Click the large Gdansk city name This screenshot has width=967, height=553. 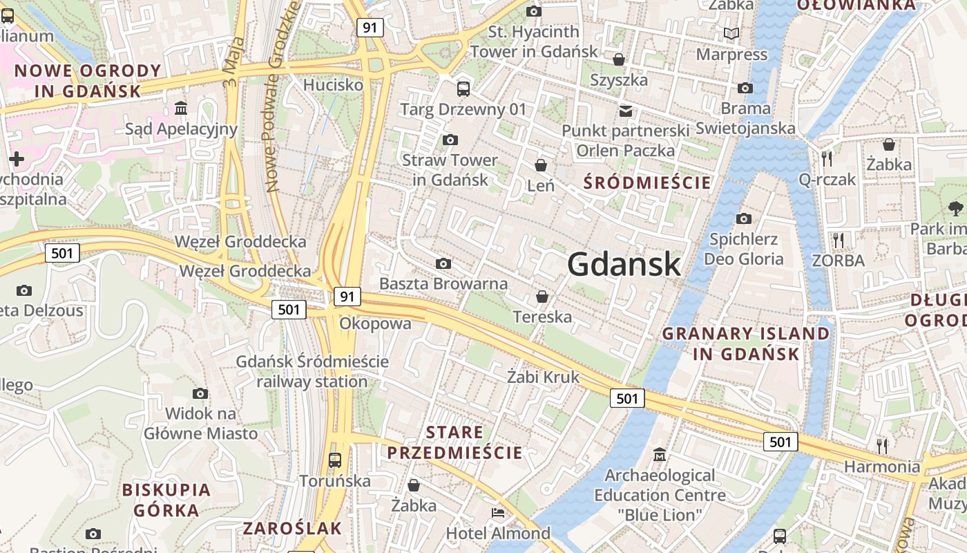(624, 264)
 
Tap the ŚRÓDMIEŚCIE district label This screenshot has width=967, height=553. (647, 182)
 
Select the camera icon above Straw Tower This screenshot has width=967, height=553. (450, 140)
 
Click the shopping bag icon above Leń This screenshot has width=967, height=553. (541, 165)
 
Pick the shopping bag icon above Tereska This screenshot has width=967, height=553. (542, 297)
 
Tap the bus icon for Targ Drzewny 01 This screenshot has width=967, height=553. (463, 88)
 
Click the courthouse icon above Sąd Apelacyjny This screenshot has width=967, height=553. (181, 109)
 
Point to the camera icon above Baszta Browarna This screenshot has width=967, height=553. (443, 263)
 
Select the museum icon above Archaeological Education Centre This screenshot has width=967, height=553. (660, 455)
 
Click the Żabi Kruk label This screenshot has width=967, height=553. (543, 377)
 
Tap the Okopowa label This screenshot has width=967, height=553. (375, 324)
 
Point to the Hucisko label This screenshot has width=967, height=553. (333, 85)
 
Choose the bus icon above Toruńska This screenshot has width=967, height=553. (335, 460)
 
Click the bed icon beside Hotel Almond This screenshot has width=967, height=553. (497, 513)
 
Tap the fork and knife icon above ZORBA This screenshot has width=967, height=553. (839, 240)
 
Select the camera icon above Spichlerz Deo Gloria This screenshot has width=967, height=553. (744, 218)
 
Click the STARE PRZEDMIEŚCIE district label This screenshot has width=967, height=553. (454, 443)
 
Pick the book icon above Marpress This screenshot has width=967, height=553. (731, 33)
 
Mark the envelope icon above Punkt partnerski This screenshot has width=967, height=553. (626, 111)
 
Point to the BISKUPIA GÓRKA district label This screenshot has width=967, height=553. (166, 500)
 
